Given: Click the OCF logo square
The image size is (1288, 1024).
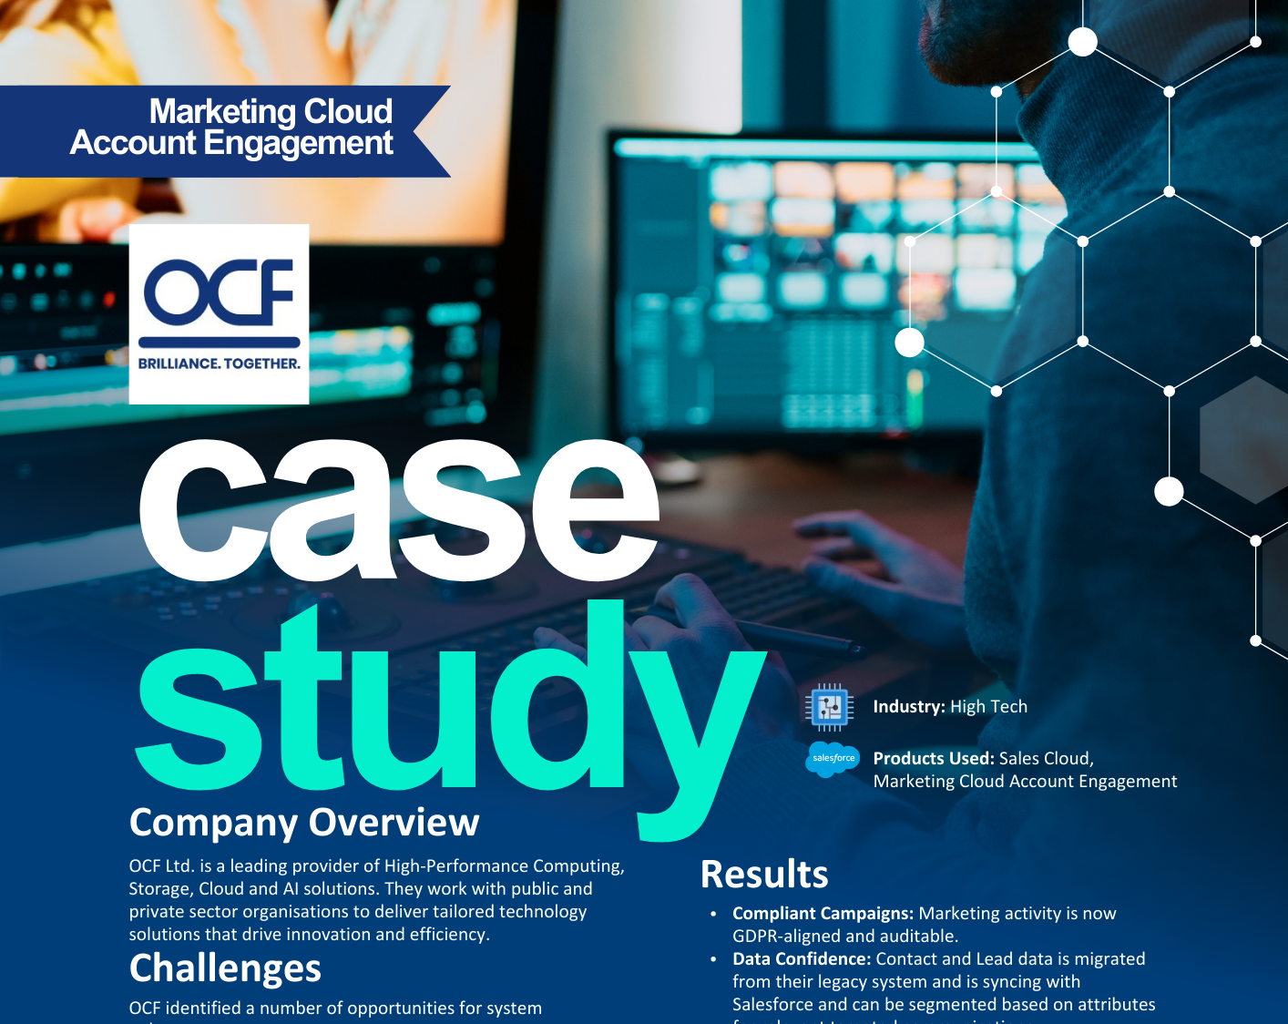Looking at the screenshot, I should pos(219,313).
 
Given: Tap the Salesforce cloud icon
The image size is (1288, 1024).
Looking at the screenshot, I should pos(833,759).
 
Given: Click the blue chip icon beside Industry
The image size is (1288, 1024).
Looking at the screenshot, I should pos(829,707).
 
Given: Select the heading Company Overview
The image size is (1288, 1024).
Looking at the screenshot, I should pos(304,823).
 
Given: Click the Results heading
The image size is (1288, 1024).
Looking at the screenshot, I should pos(764,875).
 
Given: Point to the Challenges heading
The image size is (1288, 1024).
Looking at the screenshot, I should pos(225,968).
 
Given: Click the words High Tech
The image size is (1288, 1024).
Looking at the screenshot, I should pos(988,707).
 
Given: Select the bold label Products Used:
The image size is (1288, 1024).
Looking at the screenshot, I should pos(933,759).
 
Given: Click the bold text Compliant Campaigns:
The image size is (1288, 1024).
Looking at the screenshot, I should pos(823,914).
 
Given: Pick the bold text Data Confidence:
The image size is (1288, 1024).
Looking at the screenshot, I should pos(802,959).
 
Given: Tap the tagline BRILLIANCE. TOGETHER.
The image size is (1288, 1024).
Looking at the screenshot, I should pos(219,364).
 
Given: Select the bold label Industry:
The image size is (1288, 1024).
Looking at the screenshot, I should pos(908,707).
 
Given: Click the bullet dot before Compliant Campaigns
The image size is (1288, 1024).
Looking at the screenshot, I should pos(713,914).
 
